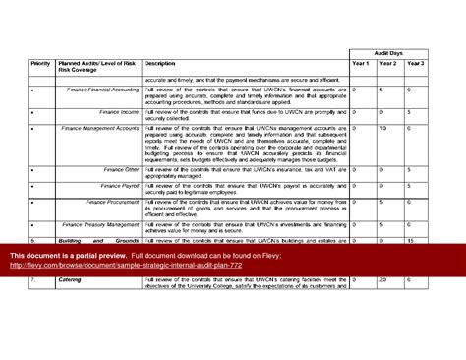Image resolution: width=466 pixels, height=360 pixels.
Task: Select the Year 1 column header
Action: pos(360,64)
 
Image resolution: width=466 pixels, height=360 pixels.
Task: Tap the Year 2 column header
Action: pos(387,64)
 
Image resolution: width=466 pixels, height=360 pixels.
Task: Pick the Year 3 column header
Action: pos(415,64)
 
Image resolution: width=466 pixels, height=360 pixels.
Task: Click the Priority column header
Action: pos(40,64)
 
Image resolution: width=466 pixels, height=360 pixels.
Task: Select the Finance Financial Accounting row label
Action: pos(103,90)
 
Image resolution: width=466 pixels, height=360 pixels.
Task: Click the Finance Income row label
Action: pos(118,111)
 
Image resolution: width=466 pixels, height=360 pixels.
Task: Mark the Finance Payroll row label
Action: pos(120,184)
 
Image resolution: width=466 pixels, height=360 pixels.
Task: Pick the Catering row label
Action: pos(69,280)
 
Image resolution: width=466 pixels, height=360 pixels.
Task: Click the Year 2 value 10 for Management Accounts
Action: pos(382,128)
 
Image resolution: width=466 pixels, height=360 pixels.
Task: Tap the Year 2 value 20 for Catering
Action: pos(382,280)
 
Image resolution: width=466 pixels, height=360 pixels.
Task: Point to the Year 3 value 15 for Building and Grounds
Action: pos(410,240)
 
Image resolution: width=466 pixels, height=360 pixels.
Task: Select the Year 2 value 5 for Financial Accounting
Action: pos(381,90)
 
